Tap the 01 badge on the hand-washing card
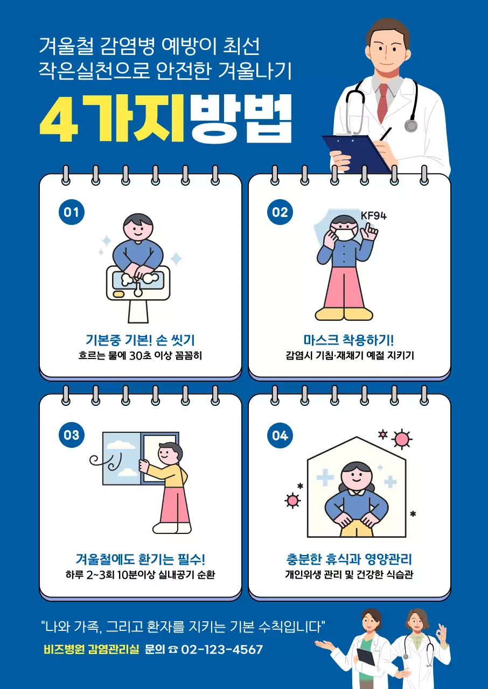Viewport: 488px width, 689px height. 72,212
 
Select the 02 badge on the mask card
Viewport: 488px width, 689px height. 280,212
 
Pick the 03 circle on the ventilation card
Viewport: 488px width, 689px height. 72,435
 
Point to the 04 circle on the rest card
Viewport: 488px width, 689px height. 280,435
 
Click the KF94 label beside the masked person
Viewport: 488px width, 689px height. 373,216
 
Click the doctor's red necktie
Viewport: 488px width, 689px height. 383,102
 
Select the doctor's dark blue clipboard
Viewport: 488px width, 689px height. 355,153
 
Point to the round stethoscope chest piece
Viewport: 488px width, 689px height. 411,125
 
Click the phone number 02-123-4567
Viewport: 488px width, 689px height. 222,649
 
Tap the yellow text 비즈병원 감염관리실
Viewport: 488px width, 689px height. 91,649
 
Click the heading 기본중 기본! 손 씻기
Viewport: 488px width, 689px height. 140,340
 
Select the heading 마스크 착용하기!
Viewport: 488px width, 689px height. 348,340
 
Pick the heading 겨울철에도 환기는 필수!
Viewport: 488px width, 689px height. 140,559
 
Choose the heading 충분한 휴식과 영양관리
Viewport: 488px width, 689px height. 348,559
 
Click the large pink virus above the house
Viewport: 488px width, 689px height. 401,440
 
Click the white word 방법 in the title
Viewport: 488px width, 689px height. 241,119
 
